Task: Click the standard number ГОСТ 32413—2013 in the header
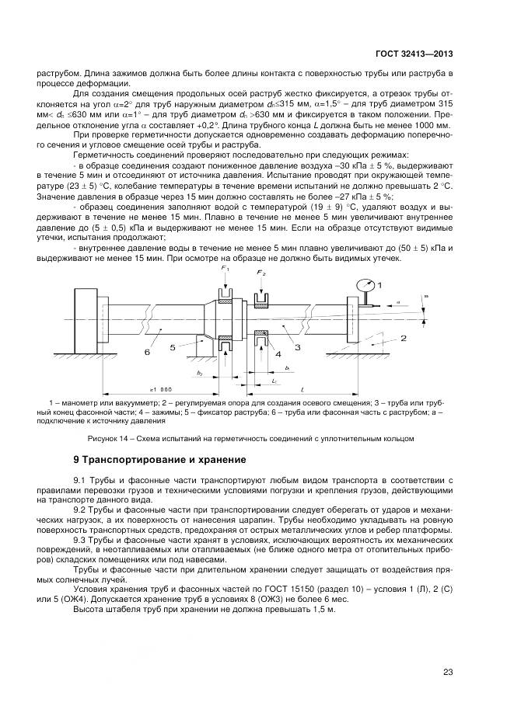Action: click(x=415, y=54)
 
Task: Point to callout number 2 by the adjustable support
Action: click(x=404, y=338)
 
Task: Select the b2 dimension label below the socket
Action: click(x=201, y=374)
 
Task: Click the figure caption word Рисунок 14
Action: click(x=106, y=438)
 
